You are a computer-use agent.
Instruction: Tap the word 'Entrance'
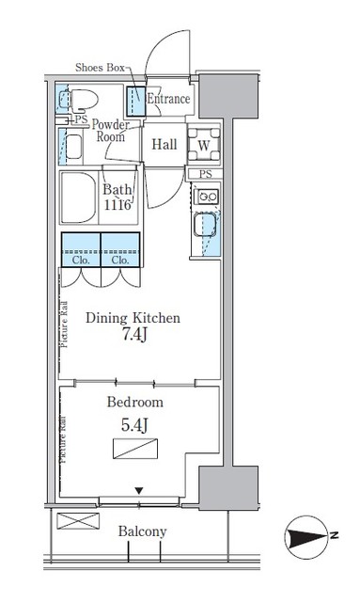169,99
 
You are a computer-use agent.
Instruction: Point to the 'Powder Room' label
112,130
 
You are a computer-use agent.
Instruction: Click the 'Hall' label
165,144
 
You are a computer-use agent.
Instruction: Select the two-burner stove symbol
206,198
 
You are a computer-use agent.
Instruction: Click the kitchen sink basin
205,229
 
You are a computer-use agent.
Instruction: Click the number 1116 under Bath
118,205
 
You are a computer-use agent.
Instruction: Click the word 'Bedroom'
135,402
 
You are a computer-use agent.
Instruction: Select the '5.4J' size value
135,423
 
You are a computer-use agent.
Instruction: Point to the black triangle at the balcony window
140,490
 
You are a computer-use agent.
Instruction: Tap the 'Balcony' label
142,531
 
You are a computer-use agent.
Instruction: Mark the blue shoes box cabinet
134,99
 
